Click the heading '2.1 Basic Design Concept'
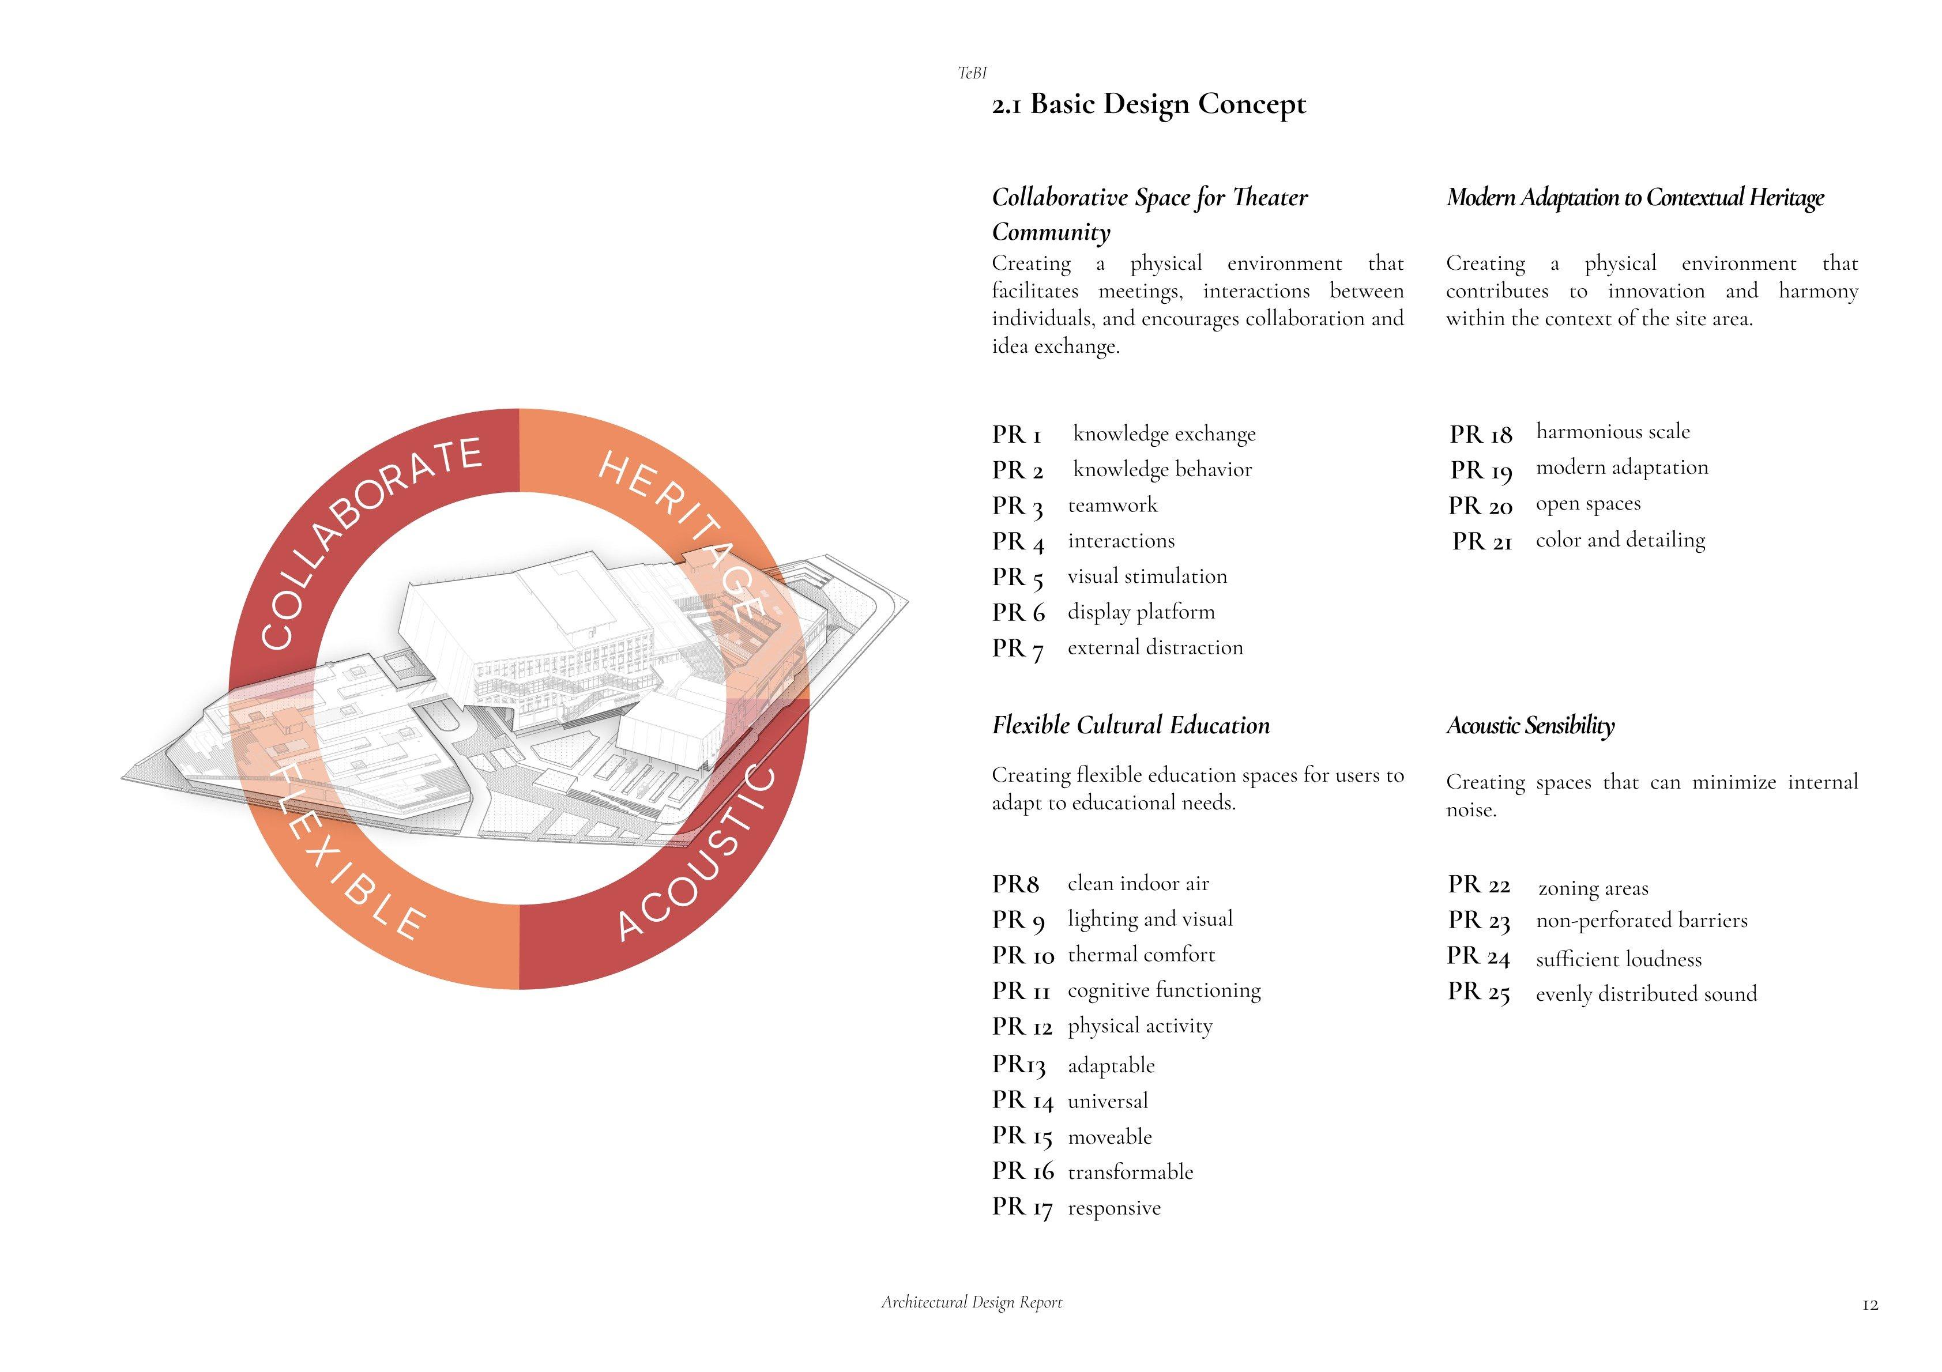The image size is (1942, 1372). (1149, 105)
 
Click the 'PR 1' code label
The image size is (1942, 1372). (1016, 435)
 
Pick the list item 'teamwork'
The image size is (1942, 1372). (1112, 505)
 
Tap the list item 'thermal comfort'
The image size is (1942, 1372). (1141, 955)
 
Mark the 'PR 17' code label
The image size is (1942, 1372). (1022, 1207)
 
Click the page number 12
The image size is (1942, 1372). (1870, 1305)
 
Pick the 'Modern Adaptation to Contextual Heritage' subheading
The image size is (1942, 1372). (1634, 197)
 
